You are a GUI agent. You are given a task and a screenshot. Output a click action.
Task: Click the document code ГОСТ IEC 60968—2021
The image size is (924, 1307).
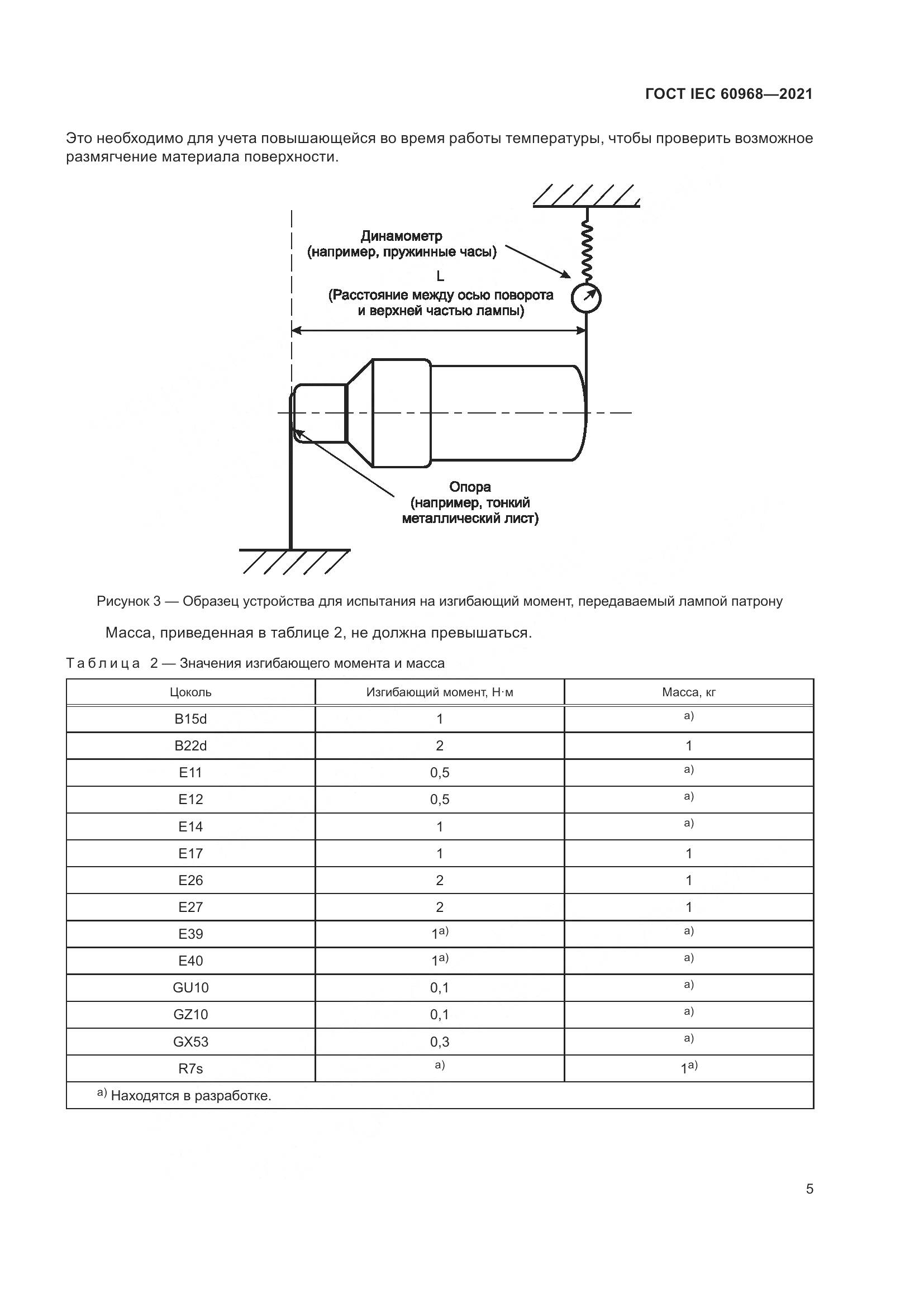point(729,94)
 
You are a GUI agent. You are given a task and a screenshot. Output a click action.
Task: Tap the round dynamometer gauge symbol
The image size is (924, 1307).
point(586,297)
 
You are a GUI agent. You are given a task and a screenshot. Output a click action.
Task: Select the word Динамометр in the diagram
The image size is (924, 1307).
point(401,236)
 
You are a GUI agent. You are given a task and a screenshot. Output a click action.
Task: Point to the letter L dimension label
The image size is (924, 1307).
point(440,277)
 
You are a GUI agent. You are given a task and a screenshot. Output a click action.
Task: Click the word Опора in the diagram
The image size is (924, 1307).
point(469,487)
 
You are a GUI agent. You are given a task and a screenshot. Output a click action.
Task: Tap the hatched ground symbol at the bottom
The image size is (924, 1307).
point(294,560)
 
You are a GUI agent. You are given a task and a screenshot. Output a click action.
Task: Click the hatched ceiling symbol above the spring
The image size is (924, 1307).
point(586,196)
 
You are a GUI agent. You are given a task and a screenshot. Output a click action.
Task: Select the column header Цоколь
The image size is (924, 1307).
point(190,692)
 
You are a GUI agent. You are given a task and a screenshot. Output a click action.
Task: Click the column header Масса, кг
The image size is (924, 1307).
point(688,692)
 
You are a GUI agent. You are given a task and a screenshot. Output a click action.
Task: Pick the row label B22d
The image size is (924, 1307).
point(190,746)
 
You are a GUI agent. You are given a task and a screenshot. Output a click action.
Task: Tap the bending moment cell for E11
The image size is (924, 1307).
point(439,772)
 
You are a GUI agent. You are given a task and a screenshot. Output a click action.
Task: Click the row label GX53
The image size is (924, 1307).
point(190,1042)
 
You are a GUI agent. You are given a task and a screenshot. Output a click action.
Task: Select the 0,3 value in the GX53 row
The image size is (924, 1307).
point(439,1042)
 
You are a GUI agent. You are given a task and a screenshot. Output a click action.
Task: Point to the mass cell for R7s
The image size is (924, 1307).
point(688,1068)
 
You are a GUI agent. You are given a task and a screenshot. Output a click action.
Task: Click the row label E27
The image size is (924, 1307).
point(190,907)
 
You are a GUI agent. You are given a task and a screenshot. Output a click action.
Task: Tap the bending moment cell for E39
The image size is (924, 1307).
point(439,934)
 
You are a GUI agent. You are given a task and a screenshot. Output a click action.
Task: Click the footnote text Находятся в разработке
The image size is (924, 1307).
point(190,1096)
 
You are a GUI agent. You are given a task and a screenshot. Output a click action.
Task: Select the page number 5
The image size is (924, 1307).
point(809,1189)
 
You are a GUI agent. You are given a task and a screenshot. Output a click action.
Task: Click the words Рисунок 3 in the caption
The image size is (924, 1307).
point(128,601)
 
